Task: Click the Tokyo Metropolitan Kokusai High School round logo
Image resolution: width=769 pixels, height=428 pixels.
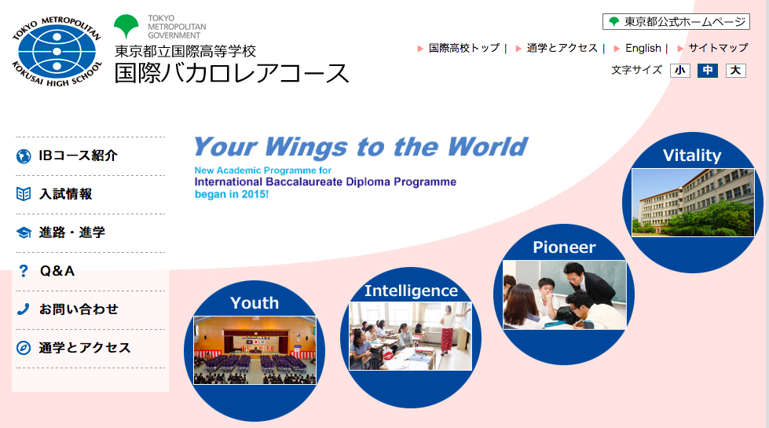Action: pos(57,52)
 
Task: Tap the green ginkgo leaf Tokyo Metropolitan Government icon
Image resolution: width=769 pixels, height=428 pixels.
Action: pos(126,26)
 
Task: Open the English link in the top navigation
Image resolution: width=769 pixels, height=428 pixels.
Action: pos(643,48)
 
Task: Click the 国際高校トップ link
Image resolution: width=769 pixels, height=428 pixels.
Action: pos(464,48)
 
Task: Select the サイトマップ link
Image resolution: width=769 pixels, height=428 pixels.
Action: pos(718,48)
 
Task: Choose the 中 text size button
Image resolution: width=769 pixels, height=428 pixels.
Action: pos(708,71)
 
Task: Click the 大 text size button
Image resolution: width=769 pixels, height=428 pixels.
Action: pos(736,71)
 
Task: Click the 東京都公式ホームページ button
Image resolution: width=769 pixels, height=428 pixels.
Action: pos(676,21)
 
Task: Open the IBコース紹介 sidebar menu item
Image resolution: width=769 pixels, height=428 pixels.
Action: pos(78,156)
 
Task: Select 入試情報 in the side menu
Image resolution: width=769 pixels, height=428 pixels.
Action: pos(66,194)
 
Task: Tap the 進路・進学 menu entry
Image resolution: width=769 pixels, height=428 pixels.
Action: pos(72,232)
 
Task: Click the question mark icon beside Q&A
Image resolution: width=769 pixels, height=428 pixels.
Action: pos(23,271)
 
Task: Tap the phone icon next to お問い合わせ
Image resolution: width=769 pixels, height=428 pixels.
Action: pos(23,309)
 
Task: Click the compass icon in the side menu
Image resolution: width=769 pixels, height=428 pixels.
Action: pos(23,348)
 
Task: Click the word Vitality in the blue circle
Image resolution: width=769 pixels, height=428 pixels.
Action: pos(692,156)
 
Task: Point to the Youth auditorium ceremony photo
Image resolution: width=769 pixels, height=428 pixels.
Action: pos(255,350)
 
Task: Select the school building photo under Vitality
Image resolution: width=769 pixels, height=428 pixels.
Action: pos(693,203)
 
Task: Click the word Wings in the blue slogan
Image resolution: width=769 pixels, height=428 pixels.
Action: pos(307,148)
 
